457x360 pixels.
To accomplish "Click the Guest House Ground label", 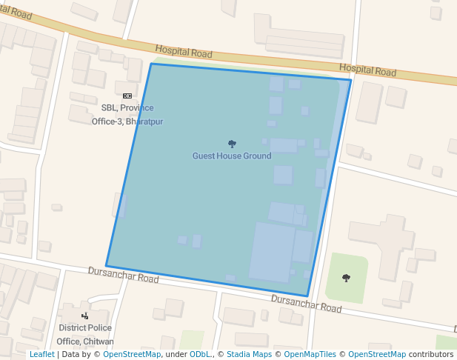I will click(x=232, y=156).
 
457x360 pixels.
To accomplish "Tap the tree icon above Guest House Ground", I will click(x=232, y=144).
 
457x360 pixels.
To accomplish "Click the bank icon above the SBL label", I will click(x=127, y=96).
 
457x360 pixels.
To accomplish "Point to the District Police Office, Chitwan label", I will click(x=85, y=334).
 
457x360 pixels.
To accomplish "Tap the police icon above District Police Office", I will click(x=85, y=316).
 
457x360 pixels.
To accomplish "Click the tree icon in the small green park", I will click(x=346, y=278).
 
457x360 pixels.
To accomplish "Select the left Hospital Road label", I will click(x=184, y=51).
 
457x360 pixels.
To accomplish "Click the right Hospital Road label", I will click(x=367, y=70).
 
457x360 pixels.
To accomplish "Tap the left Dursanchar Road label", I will click(x=124, y=276).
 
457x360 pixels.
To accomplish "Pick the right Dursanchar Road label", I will click(x=306, y=303).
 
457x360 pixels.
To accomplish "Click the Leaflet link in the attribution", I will click(x=41, y=354).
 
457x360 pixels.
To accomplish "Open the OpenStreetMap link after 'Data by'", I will click(x=132, y=354).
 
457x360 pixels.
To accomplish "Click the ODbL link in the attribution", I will click(x=199, y=354).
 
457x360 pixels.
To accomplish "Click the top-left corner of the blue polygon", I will click(x=151, y=64).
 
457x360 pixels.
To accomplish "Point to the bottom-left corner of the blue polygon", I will click(x=106, y=266).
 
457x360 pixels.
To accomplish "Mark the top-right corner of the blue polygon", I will click(x=351, y=79).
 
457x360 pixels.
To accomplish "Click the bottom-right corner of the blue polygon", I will click(x=307, y=296).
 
